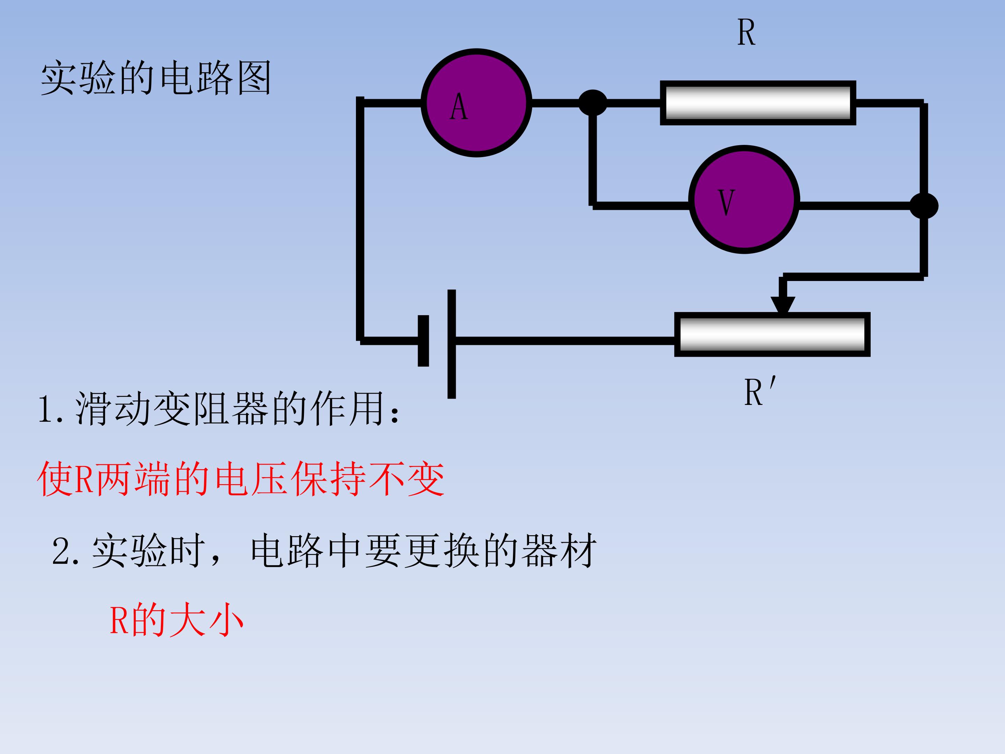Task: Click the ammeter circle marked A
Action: (476, 103)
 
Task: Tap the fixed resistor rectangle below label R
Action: (758, 103)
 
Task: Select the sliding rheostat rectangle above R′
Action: (772, 334)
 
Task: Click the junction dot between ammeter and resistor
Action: (593, 103)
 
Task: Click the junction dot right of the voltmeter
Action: (924, 205)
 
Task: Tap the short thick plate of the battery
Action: (423, 340)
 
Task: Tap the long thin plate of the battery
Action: (452, 344)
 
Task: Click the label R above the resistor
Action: (746, 33)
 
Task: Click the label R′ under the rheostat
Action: (760, 391)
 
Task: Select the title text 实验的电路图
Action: (156, 78)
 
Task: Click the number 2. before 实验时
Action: (66, 551)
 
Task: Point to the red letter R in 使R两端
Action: (84, 480)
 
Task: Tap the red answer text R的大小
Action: (177, 620)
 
